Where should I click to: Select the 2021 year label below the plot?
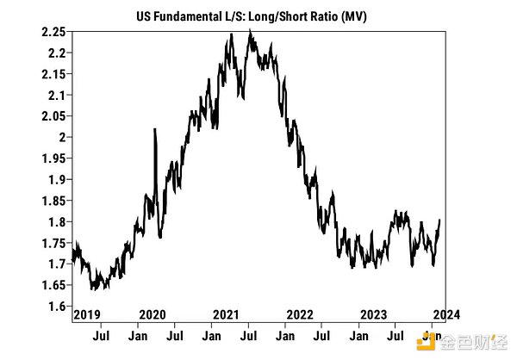226,314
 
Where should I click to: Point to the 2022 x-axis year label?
300,314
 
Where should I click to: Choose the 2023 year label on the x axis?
373,314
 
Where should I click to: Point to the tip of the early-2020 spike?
154,129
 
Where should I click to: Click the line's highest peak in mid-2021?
250,30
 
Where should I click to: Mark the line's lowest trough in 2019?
92,289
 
